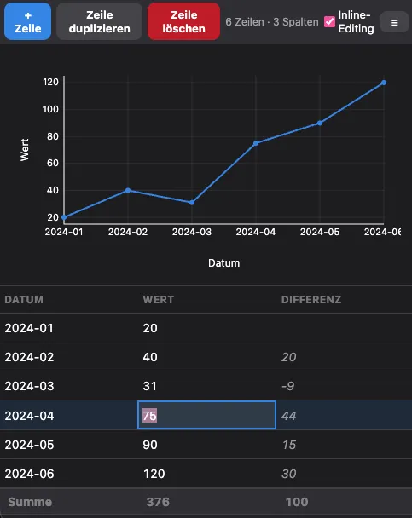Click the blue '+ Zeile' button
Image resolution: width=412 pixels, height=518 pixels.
pos(27,21)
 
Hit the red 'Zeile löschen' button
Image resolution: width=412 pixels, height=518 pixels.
pos(183,21)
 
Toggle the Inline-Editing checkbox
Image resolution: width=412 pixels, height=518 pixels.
pos(329,22)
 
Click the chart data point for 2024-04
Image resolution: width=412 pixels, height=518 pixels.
pos(256,143)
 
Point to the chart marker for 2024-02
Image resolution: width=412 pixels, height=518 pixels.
pos(128,190)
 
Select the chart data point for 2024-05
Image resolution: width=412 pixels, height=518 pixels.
pos(320,123)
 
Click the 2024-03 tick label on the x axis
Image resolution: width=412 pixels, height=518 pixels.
pos(192,231)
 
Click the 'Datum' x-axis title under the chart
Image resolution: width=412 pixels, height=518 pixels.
pos(223,263)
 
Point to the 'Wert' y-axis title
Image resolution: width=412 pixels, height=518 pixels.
pos(25,150)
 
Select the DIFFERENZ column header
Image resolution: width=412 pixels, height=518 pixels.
pos(311,300)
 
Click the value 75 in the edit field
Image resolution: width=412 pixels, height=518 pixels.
pos(149,415)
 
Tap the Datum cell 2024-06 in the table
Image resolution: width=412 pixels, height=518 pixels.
pos(29,473)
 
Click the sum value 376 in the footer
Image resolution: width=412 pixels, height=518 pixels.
pos(159,502)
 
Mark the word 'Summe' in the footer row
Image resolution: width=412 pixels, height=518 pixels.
pos(29,502)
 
